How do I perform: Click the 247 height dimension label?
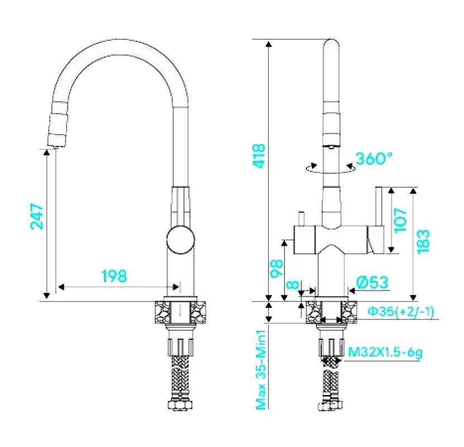click(x=37, y=216)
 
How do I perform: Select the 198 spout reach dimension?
click(x=114, y=276)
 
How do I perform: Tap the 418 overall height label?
click(x=259, y=156)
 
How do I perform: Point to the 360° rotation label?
click(x=374, y=158)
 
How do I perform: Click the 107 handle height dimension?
click(x=400, y=220)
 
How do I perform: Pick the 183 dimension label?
click(x=423, y=241)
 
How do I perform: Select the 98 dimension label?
click(x=277, y=269)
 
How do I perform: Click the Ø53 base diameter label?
click(x=372, y=283)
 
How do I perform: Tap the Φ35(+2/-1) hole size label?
click(x=401, y=311)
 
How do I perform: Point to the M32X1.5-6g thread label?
click(x=385, y=352)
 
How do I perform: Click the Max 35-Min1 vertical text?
click(x=261, y=370)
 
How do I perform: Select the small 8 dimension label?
click(x=293, y=284)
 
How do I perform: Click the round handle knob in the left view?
click(x=181, y=240)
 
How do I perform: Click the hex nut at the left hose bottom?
click(x=181, y=405)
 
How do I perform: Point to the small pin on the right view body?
click(x=301, y=218)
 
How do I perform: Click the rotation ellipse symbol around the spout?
click(x=330, y=168)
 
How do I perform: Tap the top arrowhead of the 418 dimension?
click(x=268, y=44)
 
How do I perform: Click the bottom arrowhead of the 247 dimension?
click(x=46, y=296)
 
